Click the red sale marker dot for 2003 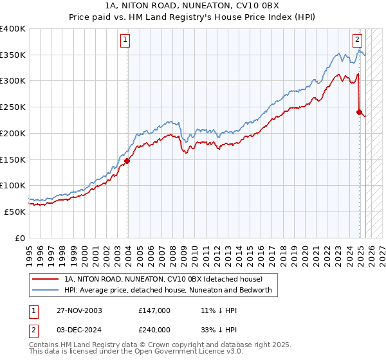click(127, 161)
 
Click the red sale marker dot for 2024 click(359, 112)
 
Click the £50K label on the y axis click(15, 212)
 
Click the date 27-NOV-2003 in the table click(79, 310)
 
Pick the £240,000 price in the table click(154, 329)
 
